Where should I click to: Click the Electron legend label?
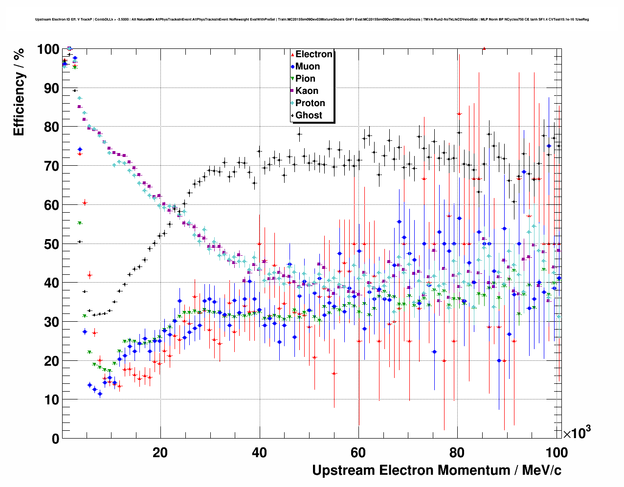click(314, 54)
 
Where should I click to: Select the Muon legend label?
click(308, 66)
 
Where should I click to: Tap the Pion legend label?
click(305, 79)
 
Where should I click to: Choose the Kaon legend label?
click(307, 91)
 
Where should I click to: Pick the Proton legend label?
click(310, 103)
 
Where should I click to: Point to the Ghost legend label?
click(309, 115)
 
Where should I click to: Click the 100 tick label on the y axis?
click(48, 49)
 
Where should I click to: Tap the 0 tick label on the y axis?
click(55, 439)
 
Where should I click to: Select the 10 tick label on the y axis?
click(51, 399)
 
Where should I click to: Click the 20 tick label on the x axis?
click(160, 452)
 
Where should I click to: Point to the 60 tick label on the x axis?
click(358, 452)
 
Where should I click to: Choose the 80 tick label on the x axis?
click(458, 452)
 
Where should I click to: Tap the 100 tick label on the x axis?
click(557, 452)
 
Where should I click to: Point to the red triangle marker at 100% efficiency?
click(484, 48)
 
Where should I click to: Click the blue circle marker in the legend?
click(292, 66)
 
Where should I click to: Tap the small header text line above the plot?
click(312, 20)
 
